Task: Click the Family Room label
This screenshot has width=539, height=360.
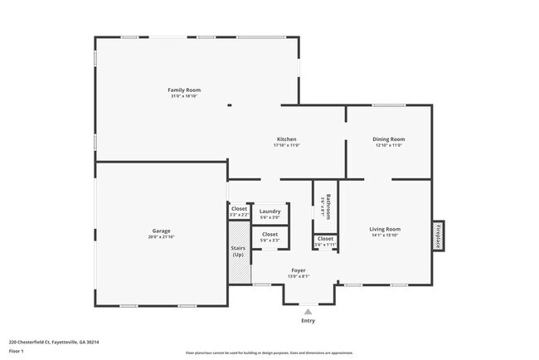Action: [184, 90]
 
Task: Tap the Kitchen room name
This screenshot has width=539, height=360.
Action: [286, 139]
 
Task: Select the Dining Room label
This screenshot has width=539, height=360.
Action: [389, 139]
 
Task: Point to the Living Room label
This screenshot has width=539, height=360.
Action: [385, 229]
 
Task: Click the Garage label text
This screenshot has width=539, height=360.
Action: [161, 231]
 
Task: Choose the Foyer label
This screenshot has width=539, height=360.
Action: [299, 271]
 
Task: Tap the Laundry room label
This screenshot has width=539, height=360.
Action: [269, 212]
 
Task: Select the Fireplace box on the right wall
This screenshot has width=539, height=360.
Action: [437, 234]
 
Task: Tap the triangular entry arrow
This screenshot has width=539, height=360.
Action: [308, 311]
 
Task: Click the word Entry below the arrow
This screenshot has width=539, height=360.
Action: [308, 321]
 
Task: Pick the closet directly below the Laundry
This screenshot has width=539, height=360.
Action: [269, 236]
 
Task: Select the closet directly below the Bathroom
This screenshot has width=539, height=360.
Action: [325, 241]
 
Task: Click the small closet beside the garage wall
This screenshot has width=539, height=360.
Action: [239, 211]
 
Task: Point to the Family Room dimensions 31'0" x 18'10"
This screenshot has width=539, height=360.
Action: [184, 96]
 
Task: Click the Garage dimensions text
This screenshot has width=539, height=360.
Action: [161, 237]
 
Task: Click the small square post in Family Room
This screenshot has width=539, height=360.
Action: [230, 105]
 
